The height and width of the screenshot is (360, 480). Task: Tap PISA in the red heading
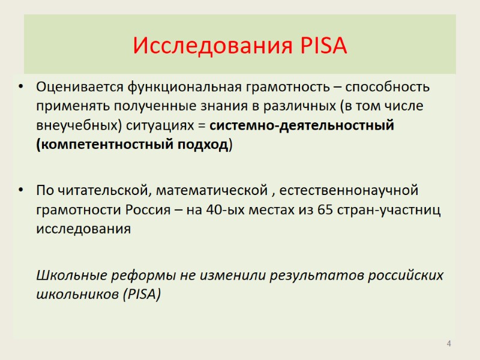pos(321,46)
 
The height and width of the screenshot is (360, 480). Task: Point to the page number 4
pos(448,343)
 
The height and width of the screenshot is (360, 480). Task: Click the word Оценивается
pos(79,87)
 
